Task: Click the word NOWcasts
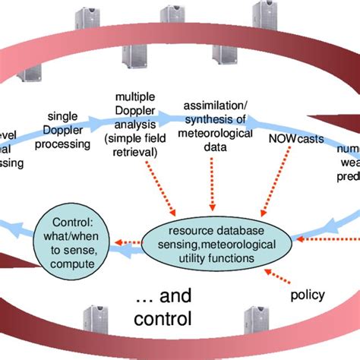point(288,140)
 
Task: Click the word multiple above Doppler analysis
point(135,98)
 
